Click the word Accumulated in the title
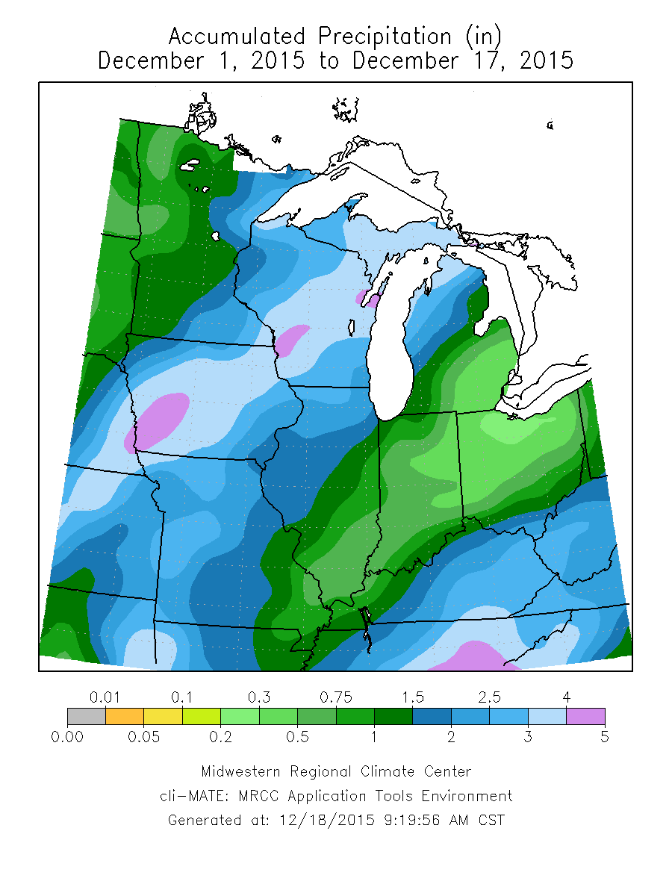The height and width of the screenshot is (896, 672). click(237, 36)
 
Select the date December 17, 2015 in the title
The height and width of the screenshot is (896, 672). click(463, 60)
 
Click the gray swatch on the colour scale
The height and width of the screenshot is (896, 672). click(86, 717)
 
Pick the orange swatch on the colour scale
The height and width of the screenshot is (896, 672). click(125, 717)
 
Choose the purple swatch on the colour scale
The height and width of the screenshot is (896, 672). click(585, 717)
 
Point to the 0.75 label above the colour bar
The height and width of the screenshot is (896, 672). click(336, 697)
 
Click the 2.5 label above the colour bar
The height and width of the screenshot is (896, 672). click(489, 697)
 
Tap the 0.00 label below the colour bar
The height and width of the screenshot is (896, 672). click(67, 737)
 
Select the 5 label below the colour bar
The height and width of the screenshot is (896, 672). click(604, 737)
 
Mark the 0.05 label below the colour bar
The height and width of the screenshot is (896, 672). click(144, 737)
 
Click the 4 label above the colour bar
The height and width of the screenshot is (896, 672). click(566, 697)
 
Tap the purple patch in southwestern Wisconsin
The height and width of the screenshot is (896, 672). click(292, 340)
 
